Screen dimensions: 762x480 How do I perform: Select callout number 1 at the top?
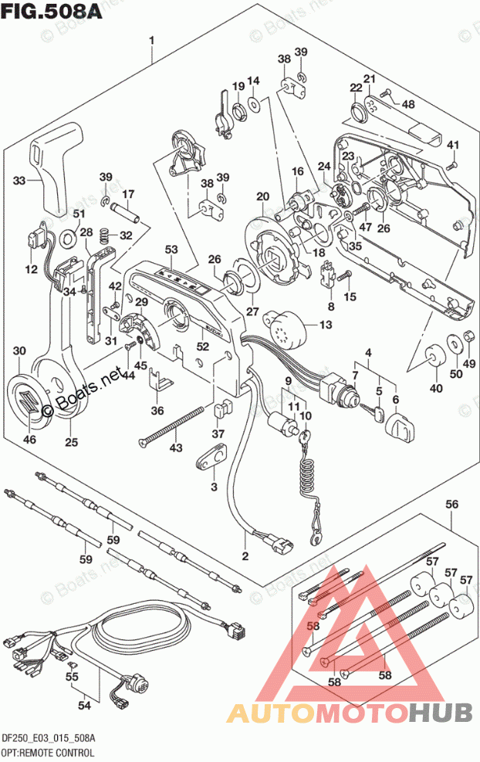click(152, 39)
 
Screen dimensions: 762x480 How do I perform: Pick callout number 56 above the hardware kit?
click(452, 504)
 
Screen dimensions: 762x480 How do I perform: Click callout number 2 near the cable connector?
click(245, 555)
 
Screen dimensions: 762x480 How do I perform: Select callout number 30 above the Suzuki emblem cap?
click(19, 352)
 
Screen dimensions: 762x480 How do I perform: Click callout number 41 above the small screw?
click(452, 145)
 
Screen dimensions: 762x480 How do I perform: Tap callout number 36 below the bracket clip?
click(157, 410)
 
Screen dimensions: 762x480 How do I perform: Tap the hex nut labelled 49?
click(468, 336)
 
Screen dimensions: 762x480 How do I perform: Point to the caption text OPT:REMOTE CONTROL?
click(48, 751)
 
